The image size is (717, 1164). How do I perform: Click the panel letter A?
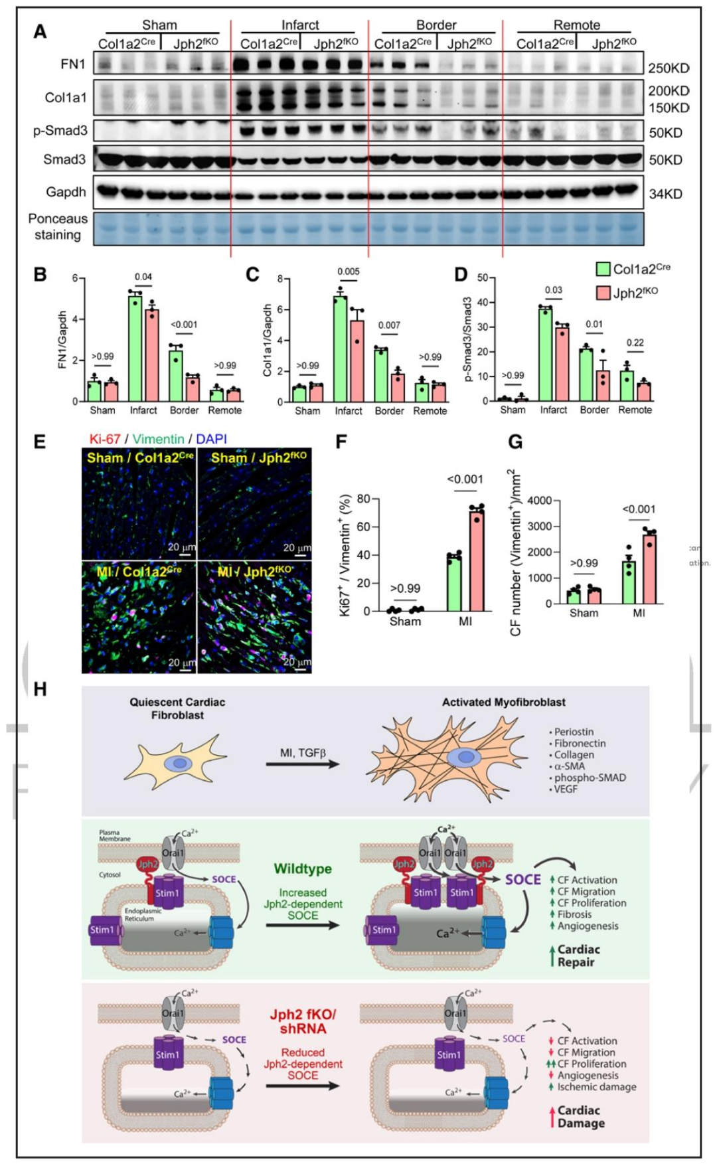[x=40, y=31]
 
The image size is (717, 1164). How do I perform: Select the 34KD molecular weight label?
[x=665, y=194]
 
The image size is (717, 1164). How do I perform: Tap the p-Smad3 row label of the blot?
[x=60, y=131]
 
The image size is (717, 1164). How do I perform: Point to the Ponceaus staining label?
[x=58, y=226]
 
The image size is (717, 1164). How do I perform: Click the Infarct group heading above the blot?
[x=300, y=25]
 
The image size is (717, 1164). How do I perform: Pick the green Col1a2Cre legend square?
[x=603, y=269]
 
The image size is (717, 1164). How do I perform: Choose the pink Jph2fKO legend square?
[x=603, y=293]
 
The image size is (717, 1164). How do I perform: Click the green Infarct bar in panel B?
[x=135, y=348]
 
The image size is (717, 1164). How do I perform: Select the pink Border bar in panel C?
[x=396, y=388]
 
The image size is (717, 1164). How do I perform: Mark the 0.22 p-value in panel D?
[x=635, y=343]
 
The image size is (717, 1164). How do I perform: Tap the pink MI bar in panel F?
[x=476, y=560]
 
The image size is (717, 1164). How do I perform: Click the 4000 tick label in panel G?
[x=539, y=500]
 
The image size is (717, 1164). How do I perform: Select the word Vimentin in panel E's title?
[x=158, y=439]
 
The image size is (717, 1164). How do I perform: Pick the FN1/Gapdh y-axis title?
[x=63, y=339]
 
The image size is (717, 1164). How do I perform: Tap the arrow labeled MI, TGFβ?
[x=303, y=764]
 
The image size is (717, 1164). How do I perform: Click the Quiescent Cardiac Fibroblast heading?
[x=177, y=708]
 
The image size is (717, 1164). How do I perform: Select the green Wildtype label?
[x=303, y=869]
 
